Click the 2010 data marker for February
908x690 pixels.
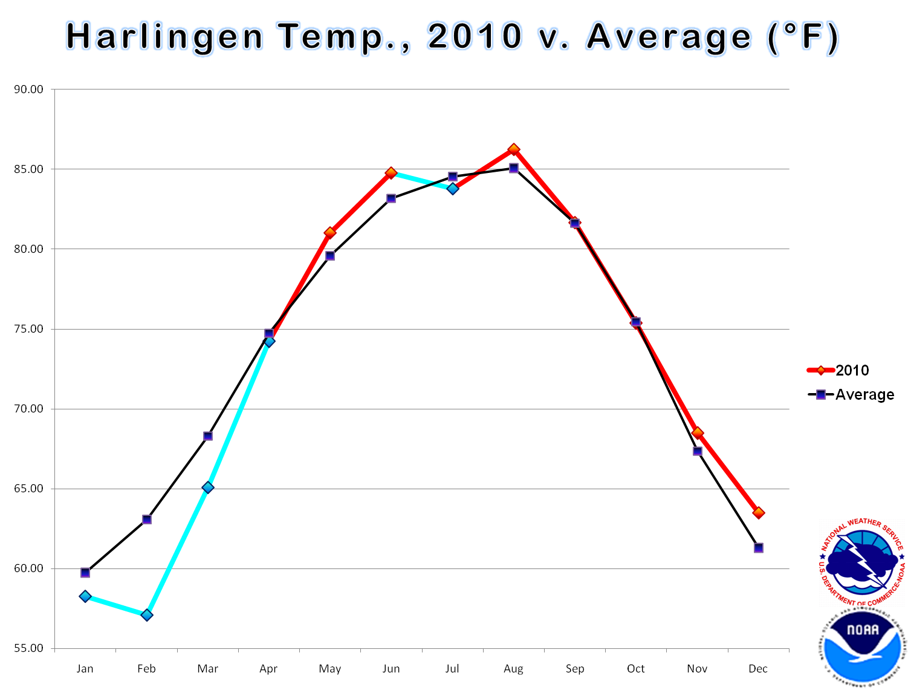click(147, 615)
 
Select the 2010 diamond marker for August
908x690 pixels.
click(514, 149)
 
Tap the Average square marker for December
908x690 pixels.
click(759, 548)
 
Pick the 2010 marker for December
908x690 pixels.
click(759, 513)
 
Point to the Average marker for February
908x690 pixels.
click(147, 519)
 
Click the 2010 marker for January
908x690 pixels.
click(85, 596)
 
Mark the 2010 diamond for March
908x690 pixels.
click(208, 487)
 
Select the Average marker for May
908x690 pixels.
click(330, 256)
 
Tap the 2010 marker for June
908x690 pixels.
click(391, 173)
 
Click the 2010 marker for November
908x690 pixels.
click(698, 433)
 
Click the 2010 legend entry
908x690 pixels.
click(839, 370)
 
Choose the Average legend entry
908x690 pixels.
click(851, 395)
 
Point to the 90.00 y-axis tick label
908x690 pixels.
click(28, 90)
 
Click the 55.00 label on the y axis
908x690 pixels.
click(28, 648)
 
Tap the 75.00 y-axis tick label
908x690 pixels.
click(28, 329)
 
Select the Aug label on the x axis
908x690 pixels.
click(514, 669)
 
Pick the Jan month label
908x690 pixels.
click(85, 669)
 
